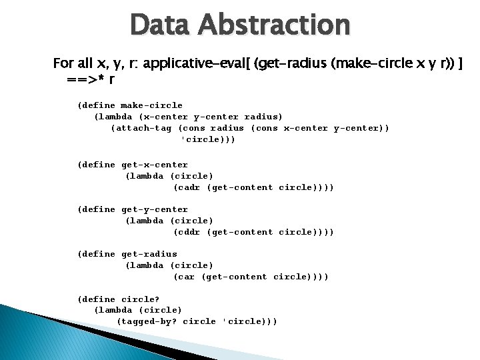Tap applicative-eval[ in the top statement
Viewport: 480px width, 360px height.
[x=197, y=64]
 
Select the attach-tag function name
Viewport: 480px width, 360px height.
[x=144, y=128]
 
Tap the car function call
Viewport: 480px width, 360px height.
[x=185, y=277]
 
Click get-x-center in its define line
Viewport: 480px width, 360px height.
[x=155, y=165]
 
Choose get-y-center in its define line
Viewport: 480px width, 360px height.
[x=155, y=209]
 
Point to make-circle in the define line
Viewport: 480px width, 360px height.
[x=151, y=105]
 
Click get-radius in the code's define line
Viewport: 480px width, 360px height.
[x=149, y=254]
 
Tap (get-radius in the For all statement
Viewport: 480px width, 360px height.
[x=293, y=64]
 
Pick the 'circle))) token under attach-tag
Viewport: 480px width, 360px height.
[x=208, y=139]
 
